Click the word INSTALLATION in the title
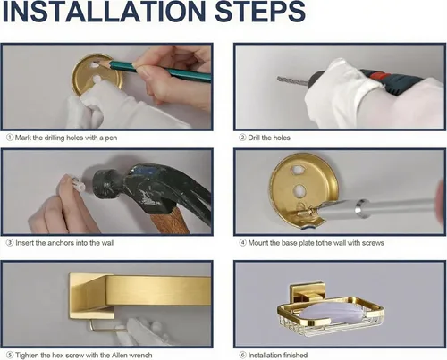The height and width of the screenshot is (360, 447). [104, 11]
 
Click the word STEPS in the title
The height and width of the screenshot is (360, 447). [260, 11]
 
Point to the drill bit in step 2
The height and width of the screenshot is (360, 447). [292, 80]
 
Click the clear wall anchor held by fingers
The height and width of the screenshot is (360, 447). [77, 184]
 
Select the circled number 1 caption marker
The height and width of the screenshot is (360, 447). [10, 138]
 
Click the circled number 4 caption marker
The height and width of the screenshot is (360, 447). [243, 243]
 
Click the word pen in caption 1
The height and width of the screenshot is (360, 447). [111, 138]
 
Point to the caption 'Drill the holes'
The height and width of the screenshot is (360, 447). [269, 138]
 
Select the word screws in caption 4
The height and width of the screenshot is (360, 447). [373, 243]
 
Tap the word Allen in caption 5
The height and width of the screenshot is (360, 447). [120, 355]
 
